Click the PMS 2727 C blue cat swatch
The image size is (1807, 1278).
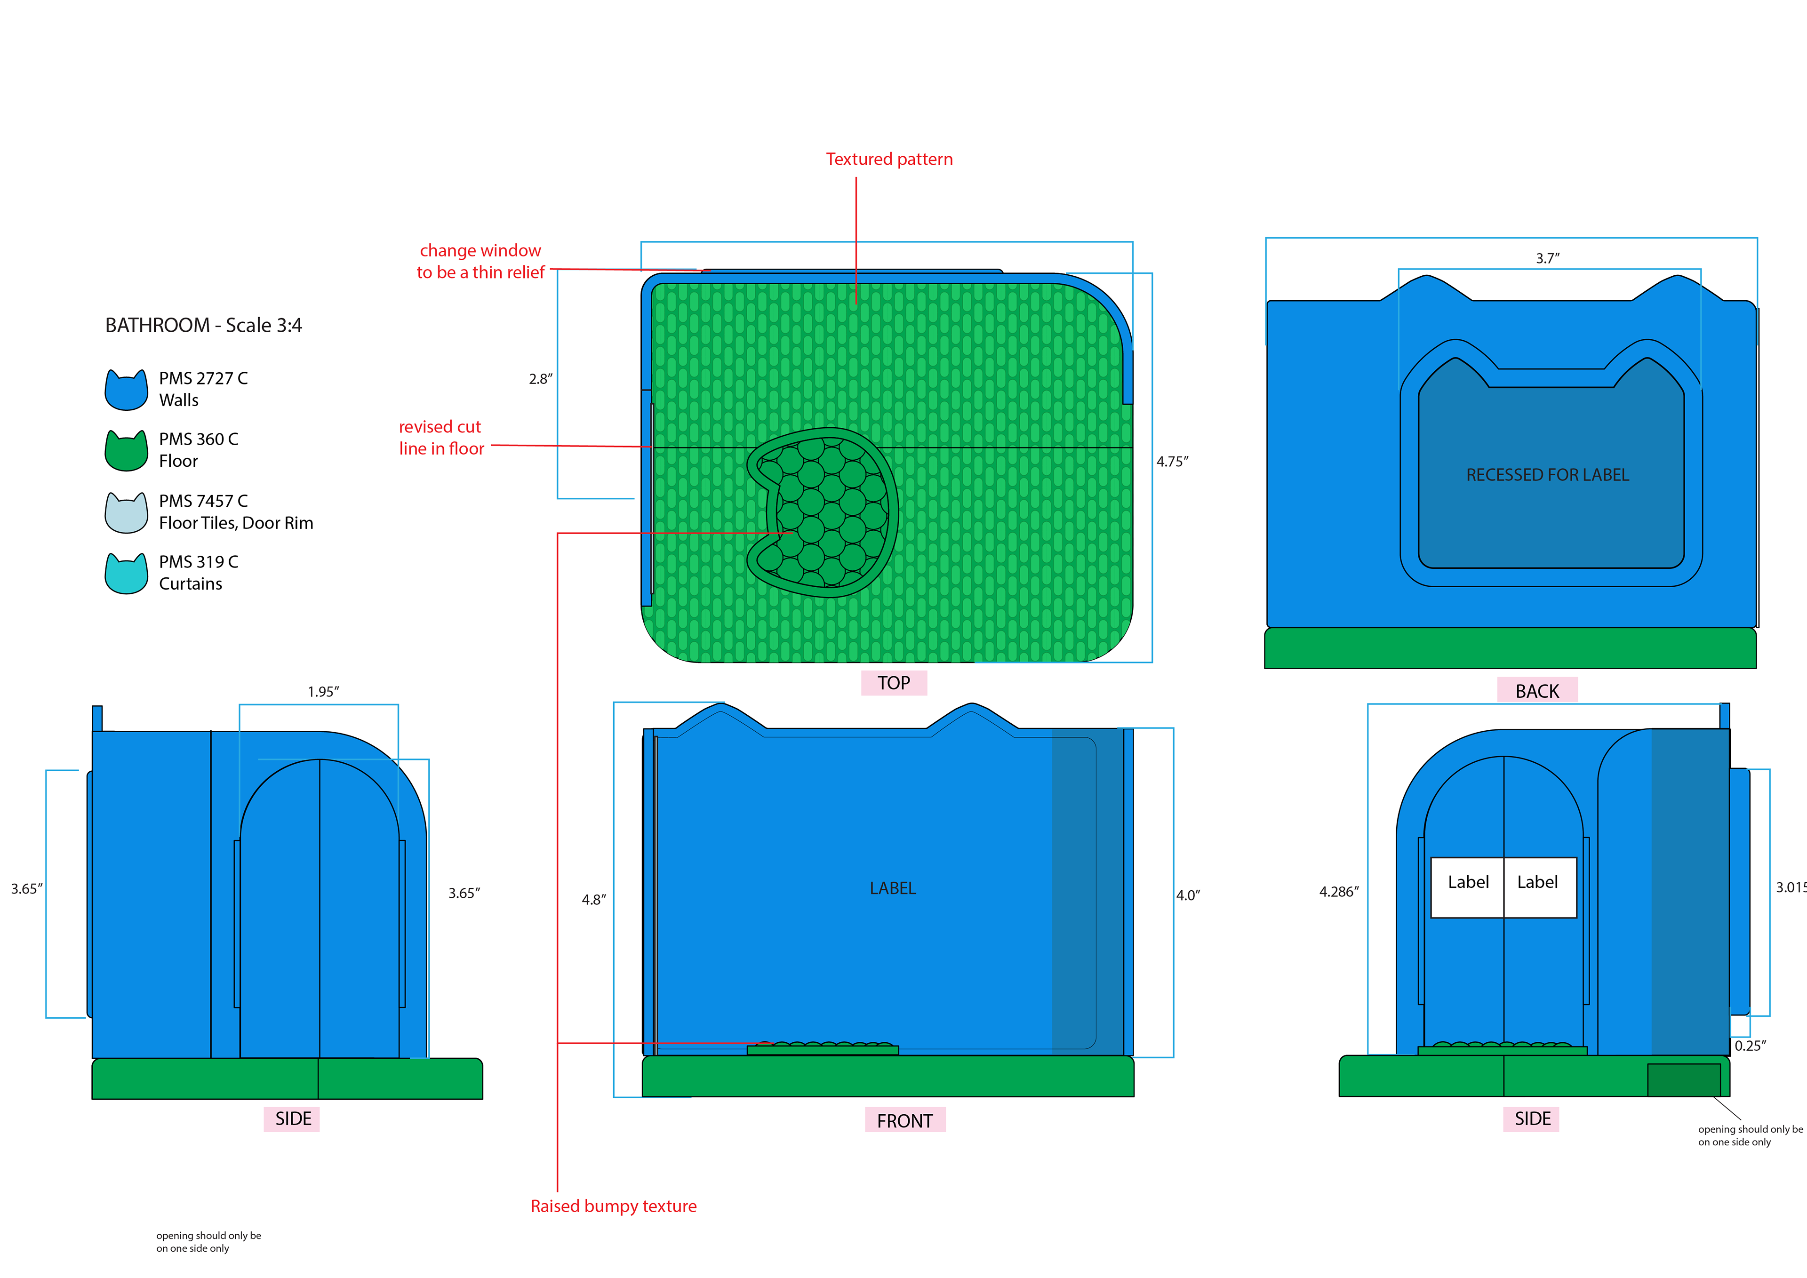[126, 391]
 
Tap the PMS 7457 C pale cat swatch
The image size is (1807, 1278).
[126, 513]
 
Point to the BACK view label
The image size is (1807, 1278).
[1536, 691]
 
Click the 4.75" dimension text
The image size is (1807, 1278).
[1172, 462]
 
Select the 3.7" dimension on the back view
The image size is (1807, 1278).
[1547, 258]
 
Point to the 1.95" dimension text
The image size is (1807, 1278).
[323, 692]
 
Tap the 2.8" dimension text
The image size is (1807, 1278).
[540, 378]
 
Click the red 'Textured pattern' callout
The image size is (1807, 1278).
[888, 159]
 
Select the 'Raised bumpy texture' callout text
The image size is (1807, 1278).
[613, 1206]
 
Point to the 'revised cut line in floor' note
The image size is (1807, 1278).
[441, 438]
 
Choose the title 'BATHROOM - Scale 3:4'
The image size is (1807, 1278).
[203, 325]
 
